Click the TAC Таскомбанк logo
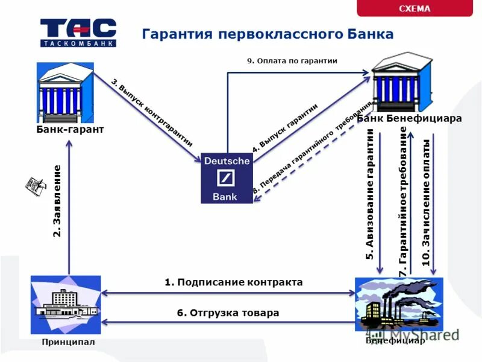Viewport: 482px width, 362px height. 78,33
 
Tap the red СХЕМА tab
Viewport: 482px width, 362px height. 415,8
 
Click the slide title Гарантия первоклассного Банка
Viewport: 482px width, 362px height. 268,34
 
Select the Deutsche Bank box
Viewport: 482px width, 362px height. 227,178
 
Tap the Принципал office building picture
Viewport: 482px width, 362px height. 66,304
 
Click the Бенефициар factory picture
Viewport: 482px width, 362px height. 399,304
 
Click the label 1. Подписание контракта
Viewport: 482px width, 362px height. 233,282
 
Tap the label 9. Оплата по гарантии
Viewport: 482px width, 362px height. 292,61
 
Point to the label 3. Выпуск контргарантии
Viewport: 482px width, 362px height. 152,112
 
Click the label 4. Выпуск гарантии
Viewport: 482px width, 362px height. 284,127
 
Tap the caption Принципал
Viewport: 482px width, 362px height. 68,342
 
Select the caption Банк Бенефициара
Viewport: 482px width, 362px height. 410,118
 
